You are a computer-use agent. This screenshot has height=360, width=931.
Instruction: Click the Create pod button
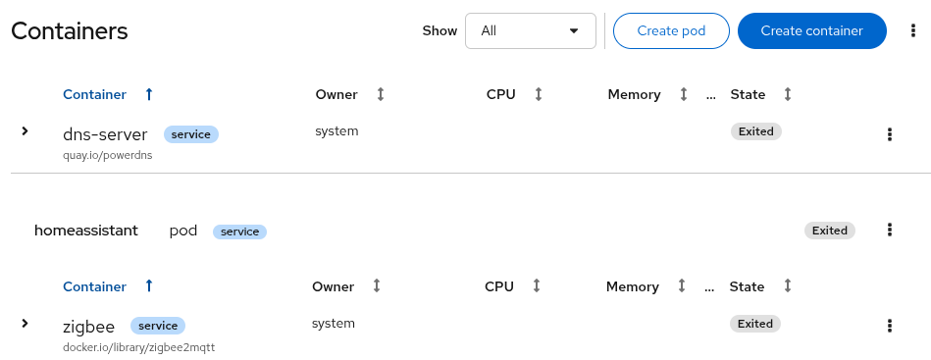[671, 30]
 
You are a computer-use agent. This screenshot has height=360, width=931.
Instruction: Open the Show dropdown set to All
[530, 30]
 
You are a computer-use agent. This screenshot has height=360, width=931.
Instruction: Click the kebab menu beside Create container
[912, 30]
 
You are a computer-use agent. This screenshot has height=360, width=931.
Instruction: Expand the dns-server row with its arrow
[26, 130]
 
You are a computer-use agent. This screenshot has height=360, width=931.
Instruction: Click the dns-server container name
[105, 134]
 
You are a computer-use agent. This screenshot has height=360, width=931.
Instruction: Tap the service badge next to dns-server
[190, 134]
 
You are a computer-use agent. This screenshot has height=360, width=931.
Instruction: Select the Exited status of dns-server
[755, 131]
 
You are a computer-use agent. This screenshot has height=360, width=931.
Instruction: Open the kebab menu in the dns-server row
[890, 134]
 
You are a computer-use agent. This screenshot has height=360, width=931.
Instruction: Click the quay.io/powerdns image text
[108, 155]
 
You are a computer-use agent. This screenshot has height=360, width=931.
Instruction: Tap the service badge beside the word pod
[239, 231]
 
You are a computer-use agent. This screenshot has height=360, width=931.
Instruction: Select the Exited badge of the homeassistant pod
[829, 231]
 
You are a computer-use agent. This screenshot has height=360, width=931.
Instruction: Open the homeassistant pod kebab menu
[890, 230]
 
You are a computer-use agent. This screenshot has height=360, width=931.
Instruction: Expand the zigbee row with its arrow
[26, 323]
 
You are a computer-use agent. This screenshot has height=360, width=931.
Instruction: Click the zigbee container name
[88, 327]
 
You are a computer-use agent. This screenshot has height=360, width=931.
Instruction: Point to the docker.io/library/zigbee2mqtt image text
[138, 347]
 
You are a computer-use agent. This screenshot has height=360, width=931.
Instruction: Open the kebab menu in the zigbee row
[890, 327]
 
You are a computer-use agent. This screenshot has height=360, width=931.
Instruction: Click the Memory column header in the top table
[635, 94]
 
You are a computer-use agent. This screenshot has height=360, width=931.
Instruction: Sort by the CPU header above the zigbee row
[499, 286]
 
